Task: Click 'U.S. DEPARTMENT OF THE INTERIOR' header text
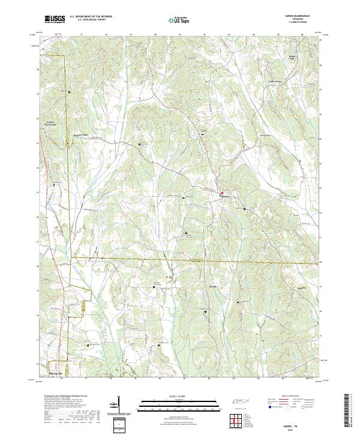[91, 16]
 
